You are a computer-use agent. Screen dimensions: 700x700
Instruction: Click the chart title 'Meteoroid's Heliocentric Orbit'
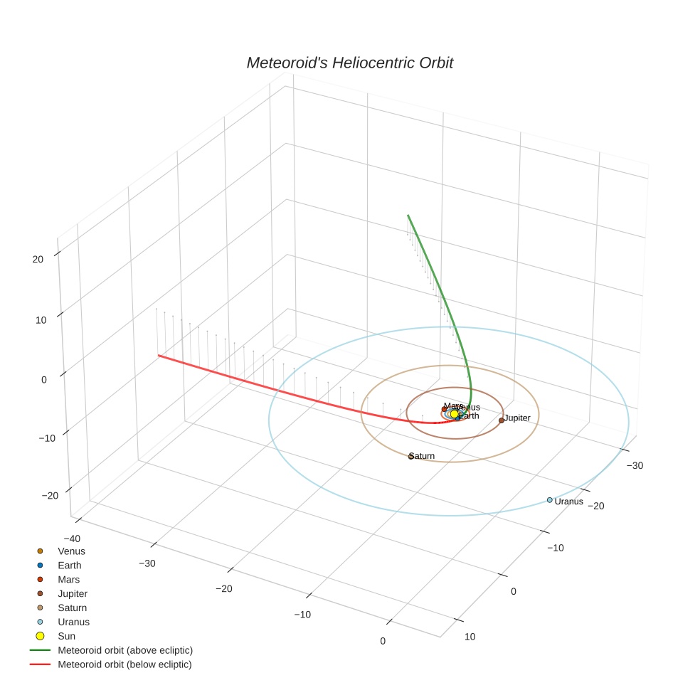[349, 63]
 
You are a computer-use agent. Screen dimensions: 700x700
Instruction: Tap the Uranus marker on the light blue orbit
[549, 500]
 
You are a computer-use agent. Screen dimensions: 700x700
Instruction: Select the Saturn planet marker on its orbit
[410, 456]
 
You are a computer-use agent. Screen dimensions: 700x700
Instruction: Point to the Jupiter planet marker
[502, 420]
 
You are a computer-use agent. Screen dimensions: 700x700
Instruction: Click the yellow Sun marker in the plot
[454, 414]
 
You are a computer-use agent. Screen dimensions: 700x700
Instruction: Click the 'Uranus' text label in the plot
[569, 502]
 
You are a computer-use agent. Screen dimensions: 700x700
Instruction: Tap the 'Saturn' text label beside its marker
[423, 456]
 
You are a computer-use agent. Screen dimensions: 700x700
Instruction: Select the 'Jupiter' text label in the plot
[518, 418]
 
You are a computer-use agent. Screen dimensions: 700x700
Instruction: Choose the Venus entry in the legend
[71, 551]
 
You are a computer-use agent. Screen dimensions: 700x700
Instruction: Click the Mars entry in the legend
[69, 580]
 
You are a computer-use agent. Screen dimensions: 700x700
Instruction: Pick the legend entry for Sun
[66, 636]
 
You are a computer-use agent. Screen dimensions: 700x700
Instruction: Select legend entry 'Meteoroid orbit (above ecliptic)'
[125, 650]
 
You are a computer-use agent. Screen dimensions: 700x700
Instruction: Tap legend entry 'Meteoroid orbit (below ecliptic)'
[124, 664]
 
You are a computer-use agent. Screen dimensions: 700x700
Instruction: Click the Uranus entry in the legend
[73, 622]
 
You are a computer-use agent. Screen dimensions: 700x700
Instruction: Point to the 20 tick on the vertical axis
[38, 260]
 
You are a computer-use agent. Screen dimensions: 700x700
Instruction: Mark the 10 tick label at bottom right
[470, 637]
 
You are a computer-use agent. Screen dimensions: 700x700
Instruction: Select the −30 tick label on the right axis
[635, 465]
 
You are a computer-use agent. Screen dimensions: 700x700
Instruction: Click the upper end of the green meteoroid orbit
[408, 215]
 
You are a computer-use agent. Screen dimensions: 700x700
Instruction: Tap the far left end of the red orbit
[159, 355]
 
